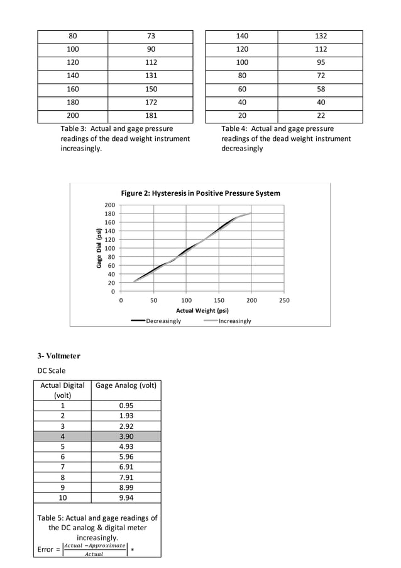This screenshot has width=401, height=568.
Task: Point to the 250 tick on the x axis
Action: click(284, 300)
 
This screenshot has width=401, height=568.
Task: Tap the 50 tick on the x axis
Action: click(154, 300)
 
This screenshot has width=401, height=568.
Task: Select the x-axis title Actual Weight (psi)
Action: click(202, 310)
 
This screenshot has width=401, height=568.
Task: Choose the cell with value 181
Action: click(150, 116)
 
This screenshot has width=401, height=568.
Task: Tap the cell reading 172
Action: click(150, 103)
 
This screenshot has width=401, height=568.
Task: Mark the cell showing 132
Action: click(321, 37)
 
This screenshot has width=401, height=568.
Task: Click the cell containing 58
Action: click(321, 89)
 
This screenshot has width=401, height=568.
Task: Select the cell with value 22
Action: click(321, 116)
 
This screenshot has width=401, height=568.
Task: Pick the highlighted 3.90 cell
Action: click(126, 436)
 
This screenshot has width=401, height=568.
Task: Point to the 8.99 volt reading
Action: click(126, 487)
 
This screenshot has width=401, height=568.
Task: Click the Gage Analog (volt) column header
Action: click(126, 385)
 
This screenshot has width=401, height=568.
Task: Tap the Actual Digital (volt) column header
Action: click(62, 390)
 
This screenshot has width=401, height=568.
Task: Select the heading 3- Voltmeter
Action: click(58, 356)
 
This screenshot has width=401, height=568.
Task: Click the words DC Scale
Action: click(52, 371)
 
